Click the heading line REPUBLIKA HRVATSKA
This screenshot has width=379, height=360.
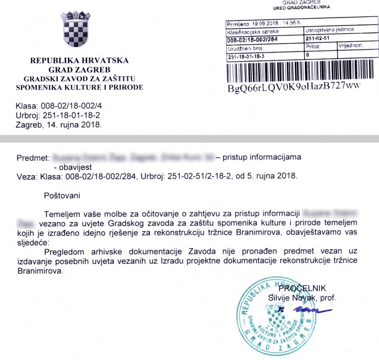coord(79,60)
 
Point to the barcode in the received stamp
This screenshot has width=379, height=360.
coord(294,71)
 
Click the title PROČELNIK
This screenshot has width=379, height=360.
coord(318,288)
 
